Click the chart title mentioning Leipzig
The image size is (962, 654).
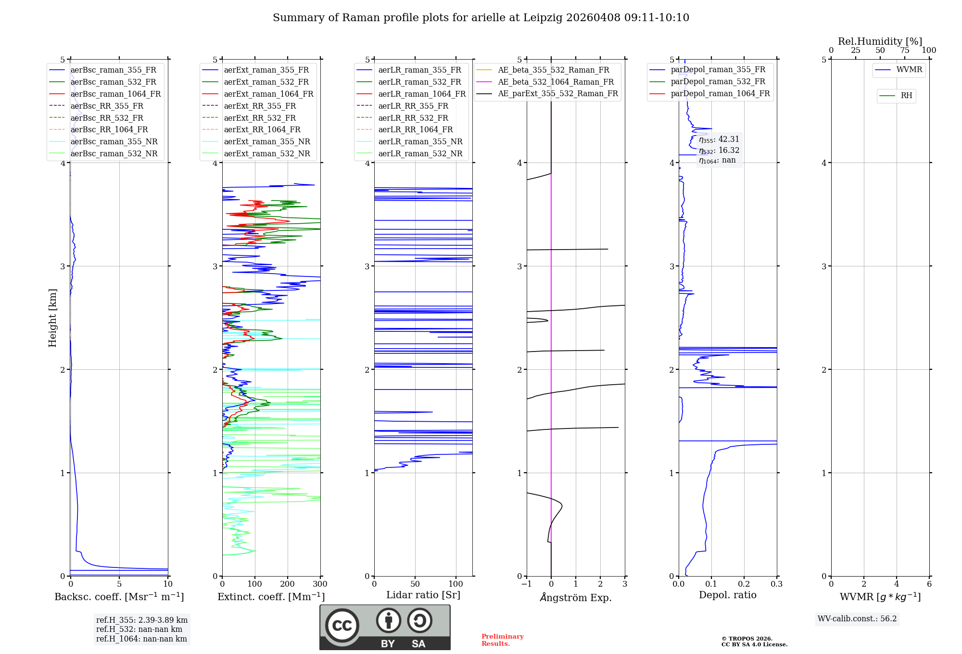[481, 18]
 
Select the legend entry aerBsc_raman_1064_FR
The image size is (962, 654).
[115, 94]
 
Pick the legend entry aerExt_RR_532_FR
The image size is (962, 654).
[260, 118]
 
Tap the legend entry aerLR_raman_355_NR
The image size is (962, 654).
[420, 141]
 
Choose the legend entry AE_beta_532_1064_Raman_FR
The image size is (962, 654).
[556, 82]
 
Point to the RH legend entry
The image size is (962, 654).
[906, 96]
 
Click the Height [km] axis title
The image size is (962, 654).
[52, 318]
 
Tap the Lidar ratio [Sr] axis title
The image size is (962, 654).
[423, 595]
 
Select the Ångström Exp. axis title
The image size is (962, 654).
[576, 597]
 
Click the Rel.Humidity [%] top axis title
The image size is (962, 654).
[880, 41]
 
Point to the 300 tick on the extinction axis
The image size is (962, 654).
[320, 584]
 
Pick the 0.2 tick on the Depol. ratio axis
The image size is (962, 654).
[744, 584]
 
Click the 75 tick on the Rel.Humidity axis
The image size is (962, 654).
[905, 50]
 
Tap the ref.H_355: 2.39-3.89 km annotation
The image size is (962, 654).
[141, 620]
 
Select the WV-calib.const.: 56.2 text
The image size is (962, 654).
[857, 618]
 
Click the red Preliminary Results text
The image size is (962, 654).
[502, 640]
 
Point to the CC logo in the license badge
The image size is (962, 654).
[342, 626]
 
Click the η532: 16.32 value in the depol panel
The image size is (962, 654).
[719, 150]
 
